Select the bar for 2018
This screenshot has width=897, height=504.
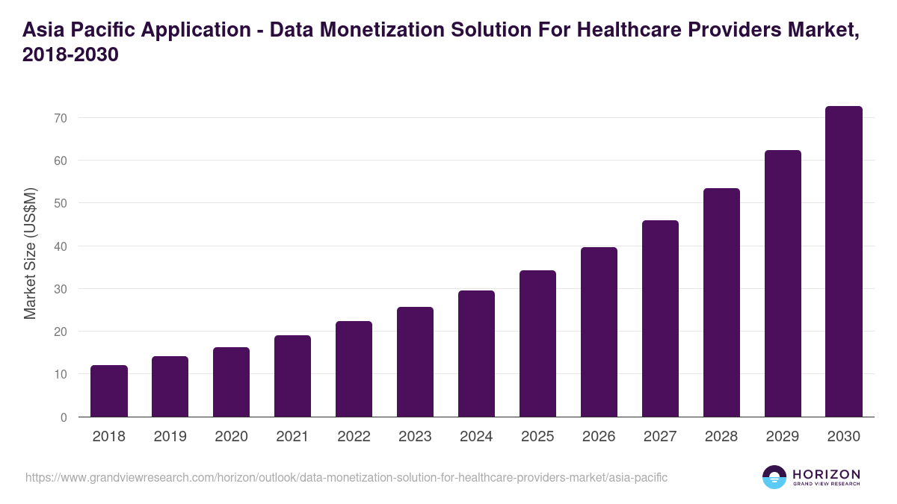coord(109,391)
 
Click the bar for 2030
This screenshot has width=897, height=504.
coord(844,261)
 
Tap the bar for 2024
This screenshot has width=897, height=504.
coord(476,354)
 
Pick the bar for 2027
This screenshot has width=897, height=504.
coord(660,319)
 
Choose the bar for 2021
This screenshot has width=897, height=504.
coord(292,376)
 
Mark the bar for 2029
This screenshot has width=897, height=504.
coord(783,284)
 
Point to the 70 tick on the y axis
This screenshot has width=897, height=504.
coord(61,118)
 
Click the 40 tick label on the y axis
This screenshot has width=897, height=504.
coord(61,246)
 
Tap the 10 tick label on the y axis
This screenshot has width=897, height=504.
coord(61,374)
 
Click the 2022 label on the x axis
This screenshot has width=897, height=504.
coord(354,437)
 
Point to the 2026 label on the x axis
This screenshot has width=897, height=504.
coord(599,437)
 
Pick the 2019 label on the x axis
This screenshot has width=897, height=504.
coord(170,437)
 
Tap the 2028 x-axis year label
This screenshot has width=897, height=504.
coord(721,437)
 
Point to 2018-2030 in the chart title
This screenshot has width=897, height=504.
coord(71,55)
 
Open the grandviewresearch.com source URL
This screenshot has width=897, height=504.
coord(346,477)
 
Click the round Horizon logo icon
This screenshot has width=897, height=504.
coord(774,477)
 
